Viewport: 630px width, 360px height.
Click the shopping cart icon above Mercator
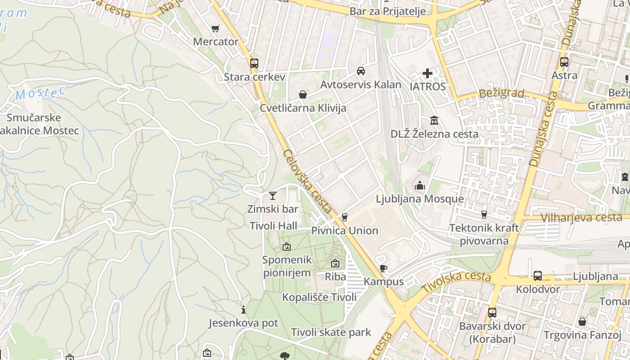[216, 29]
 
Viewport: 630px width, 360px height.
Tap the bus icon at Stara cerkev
[254, 63]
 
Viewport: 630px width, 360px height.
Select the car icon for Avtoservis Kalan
[361, 71]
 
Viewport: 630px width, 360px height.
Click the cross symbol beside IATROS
[427, 73]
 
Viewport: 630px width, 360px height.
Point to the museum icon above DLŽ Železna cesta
[434, 120]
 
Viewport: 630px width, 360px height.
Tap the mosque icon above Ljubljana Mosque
[420, 185]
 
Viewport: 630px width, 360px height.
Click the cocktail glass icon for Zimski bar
[273, 195]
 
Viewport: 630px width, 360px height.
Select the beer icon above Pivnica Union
[345, 217]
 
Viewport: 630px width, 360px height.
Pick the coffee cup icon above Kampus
[383, 269]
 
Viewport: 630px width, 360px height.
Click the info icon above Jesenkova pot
[243, 310]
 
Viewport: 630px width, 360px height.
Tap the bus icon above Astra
[564, 62]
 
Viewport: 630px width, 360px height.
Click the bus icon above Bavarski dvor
[492, 312]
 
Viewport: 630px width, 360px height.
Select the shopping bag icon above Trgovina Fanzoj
[582, 322]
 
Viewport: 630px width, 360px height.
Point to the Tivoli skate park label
[331, 333]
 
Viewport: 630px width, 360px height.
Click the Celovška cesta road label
[307, 182]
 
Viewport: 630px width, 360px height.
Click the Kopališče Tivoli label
[319, 297]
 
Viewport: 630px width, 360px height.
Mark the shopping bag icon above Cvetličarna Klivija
[303, 94]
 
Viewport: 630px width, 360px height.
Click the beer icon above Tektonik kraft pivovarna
[484, 215]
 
